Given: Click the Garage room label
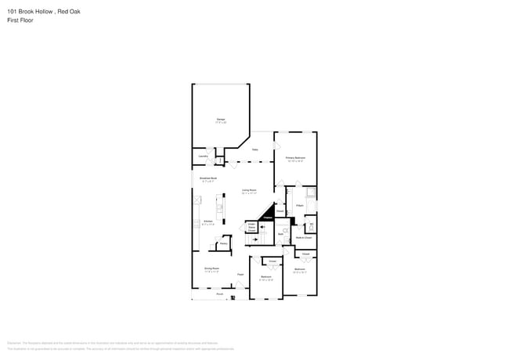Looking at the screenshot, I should point(221,120).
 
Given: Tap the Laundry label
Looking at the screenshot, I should point(203,157).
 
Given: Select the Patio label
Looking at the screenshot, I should point(255,149).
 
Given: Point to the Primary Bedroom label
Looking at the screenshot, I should point(295,158).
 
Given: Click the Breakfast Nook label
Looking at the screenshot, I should point(208,179).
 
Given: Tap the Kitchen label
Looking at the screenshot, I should point(208,222).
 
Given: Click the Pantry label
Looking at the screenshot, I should point(223,243).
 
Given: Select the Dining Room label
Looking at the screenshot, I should point(211,268).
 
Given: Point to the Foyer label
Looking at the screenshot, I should point(240,275).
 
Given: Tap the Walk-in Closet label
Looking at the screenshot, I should point(304,237).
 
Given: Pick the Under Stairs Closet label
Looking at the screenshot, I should point(252,227).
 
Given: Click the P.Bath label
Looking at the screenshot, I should point(300,205).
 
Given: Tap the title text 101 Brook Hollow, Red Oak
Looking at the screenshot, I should point(43,12).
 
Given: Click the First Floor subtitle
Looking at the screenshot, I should point(20,20).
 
